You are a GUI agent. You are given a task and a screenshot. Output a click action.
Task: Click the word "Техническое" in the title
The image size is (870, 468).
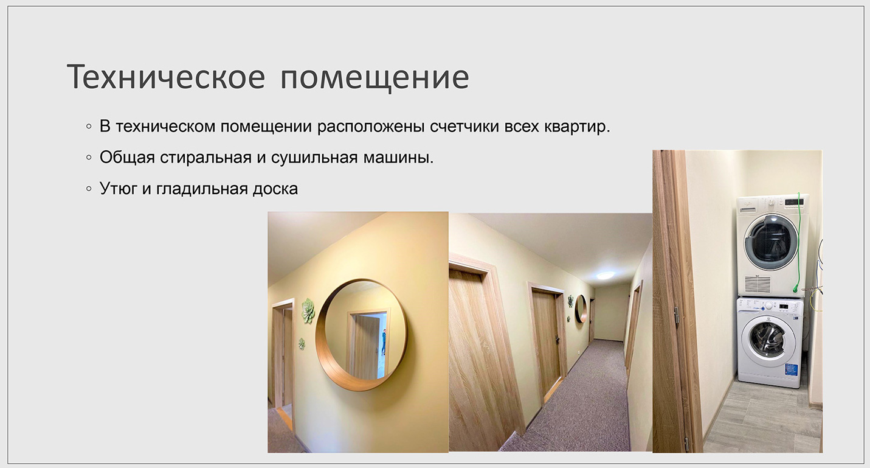click(x=166, y=77)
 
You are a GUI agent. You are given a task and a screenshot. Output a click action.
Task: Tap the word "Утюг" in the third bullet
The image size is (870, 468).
click(x=119, y=189)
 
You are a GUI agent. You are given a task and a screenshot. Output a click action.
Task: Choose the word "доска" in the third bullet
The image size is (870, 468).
click(x=275, y=189)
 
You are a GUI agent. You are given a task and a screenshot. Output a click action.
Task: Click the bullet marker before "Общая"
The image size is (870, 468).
click(x=89, y=158)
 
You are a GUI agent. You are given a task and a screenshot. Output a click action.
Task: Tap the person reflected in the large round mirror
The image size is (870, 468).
click(x=384, y=341)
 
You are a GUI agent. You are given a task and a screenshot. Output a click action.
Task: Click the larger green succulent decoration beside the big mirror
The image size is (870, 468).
click(x=308, y=310)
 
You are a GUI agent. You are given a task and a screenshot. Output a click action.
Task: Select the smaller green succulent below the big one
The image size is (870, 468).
click(x=302, y=344)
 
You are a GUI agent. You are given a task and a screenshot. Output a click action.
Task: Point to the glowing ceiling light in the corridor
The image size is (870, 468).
click(x=606, y=275)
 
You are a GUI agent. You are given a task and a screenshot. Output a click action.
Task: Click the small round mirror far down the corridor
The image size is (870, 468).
click(x=581, y=309)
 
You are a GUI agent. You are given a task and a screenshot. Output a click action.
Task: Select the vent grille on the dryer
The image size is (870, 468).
click(x=758, y=284)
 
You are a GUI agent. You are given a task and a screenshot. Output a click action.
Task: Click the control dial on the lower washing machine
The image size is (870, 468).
click(x=768, y=306)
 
